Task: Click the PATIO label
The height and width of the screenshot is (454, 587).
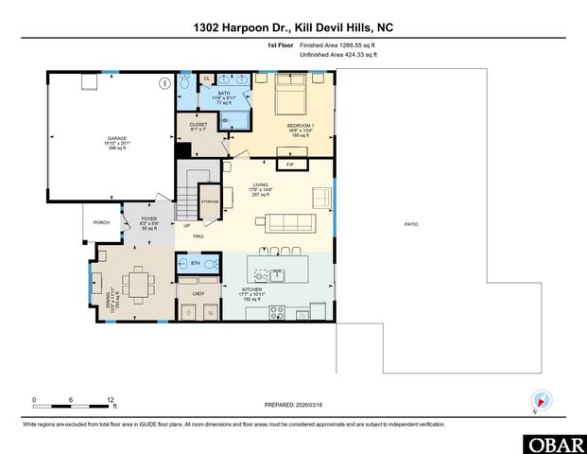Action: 410,224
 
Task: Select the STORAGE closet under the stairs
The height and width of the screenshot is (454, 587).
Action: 209,201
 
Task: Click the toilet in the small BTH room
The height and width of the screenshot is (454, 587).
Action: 210,264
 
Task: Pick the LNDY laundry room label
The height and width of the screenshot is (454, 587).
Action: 199,294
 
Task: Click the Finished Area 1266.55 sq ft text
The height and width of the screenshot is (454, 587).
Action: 337,45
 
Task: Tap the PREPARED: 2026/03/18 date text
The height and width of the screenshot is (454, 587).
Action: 293,403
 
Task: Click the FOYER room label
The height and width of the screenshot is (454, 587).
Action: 149,222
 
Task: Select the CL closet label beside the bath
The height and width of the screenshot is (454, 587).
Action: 207,79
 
